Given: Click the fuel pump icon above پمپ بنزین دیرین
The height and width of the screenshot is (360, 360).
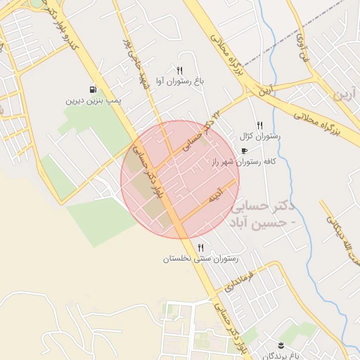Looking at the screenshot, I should [x=93, y=89].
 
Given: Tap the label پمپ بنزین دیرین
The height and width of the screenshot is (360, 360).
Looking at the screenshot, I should [x=94, y=101].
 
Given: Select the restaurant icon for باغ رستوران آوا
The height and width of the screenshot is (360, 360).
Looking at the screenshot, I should [x=179, y=70].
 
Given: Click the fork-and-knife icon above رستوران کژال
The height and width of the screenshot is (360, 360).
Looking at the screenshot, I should [x=259, y=124].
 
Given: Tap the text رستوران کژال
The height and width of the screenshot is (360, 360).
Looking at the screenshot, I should [x=260, y=136].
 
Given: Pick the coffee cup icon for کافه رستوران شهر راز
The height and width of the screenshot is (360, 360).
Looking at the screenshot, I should [x=244, y=150].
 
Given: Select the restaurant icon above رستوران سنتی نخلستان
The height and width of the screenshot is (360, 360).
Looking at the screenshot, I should [x=201, y=247].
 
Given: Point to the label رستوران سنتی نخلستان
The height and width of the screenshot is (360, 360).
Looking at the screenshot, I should [x=201, y=259].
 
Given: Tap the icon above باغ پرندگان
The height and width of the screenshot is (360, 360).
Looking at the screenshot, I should [x=281, y=343].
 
